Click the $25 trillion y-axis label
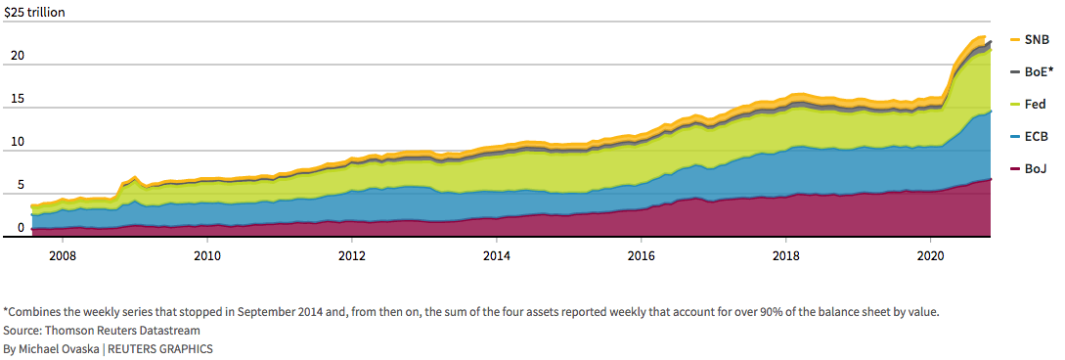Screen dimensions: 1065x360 [x=34, y=12]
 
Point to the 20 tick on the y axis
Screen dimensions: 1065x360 [x=18, y=56]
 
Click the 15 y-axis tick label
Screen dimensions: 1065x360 [x=18, y=99]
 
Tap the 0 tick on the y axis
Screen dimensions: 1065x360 [x=21, y=228]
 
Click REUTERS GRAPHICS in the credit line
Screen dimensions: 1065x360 [x=160, y=348]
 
